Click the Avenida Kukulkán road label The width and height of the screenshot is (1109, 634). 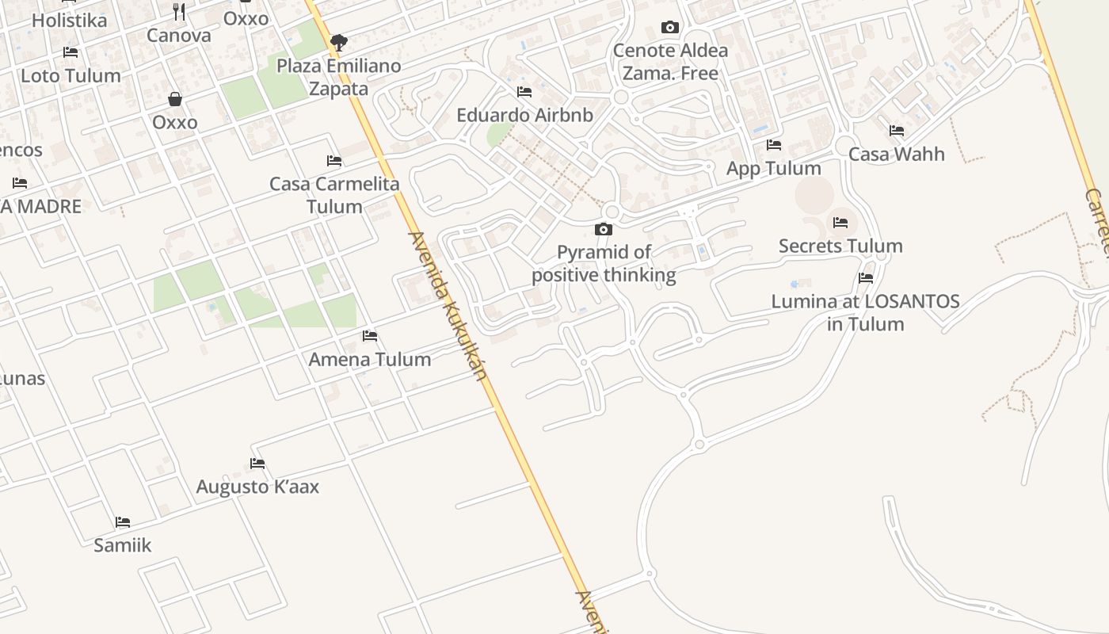click(x=448, y=306)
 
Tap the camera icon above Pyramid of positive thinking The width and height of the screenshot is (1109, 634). click(x=604, y=229)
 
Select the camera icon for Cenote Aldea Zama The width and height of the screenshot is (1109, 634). click(x=669, y=28)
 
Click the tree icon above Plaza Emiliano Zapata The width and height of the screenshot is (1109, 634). click(x=339, y=42)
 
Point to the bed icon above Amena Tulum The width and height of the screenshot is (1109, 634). click(x=370, y=336)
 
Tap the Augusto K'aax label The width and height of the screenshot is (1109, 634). click(x=257, y=487)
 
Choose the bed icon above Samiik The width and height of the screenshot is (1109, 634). click(x=123, y=522)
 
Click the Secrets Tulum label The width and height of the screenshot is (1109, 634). click(x=840, y=246)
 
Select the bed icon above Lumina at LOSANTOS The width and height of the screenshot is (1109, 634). click(x=866, y=278)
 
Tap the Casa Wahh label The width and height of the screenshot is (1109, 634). click(x=897, y=154)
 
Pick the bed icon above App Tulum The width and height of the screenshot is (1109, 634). click(x=774, y=145)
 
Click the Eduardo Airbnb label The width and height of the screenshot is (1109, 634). click(x=524, y=115)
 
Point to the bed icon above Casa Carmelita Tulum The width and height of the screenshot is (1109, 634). click(x=334, y=161)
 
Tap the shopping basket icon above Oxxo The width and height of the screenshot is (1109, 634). click(x=175, y=99)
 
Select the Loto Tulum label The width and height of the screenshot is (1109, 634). click(x=71, y=76)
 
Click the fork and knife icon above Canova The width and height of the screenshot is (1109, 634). click(x=179, y=12)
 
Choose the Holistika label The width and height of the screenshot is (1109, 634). click(x=69, y=21)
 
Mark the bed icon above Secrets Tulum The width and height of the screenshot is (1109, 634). click(x=840, y=223)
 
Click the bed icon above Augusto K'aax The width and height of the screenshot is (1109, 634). click(x=257, y=464)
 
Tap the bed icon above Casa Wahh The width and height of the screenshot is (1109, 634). click(x=897, y=131)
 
